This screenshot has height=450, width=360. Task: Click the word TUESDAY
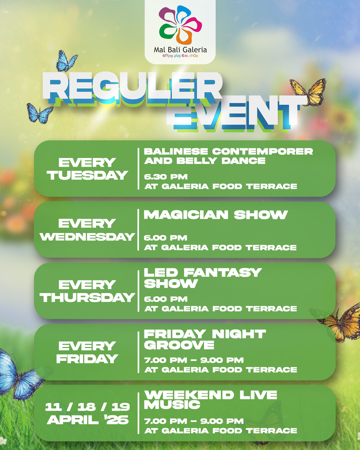click(87, 175)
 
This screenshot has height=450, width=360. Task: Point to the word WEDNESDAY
click(87, 237)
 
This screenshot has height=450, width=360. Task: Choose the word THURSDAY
click(87, 297)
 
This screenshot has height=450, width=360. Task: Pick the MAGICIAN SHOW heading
click(216, 215)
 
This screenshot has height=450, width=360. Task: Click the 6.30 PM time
click(166, 177)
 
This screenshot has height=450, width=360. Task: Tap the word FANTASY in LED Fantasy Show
click(222, 273)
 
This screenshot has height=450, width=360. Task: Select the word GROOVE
click(179, 345)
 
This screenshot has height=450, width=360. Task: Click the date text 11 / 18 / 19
click(87, 407)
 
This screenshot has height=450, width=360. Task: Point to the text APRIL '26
click(87, 420)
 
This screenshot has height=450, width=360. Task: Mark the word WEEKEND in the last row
click(189, 395)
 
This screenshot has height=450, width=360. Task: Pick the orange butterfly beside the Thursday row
click(340, 323)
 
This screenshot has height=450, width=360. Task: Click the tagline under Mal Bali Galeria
click(180, 56)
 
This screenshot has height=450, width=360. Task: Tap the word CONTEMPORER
click(262, 151)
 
